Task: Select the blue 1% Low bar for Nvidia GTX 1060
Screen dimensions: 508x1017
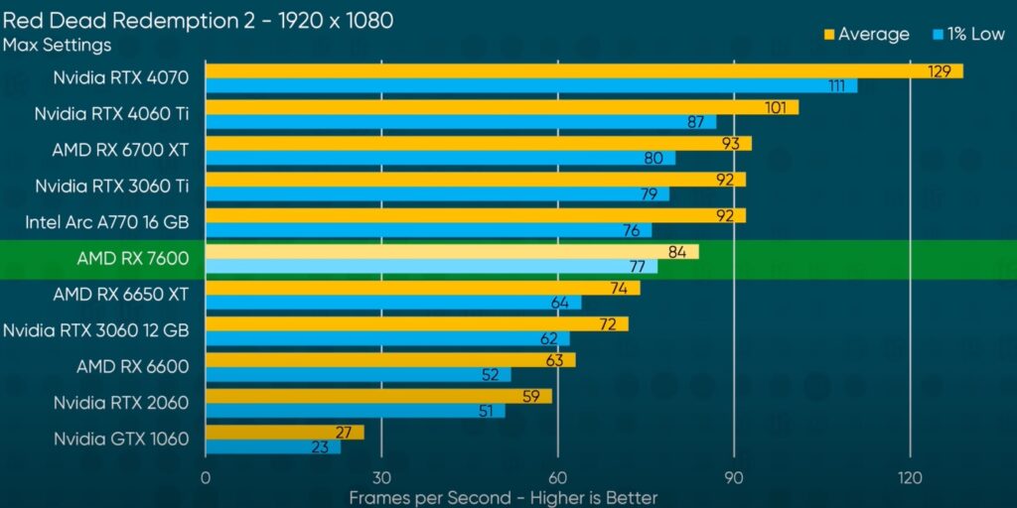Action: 272,447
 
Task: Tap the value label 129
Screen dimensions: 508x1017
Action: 940,71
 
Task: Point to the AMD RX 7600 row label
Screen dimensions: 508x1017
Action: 132,260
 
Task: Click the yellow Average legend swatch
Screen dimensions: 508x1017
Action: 829,35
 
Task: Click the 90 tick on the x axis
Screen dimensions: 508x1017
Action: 734,477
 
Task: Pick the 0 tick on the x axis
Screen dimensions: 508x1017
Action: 206,477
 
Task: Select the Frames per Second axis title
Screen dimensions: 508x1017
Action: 503,497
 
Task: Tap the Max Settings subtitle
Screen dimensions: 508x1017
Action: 57,45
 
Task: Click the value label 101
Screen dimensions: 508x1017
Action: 776,107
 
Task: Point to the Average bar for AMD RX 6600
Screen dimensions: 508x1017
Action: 389,359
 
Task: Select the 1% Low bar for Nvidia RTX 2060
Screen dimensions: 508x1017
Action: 355,411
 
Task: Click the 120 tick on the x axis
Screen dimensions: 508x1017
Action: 910,477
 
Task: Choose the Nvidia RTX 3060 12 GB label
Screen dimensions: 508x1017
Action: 96,330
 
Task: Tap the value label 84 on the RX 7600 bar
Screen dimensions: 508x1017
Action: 677,252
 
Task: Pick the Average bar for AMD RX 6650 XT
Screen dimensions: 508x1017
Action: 422,288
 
